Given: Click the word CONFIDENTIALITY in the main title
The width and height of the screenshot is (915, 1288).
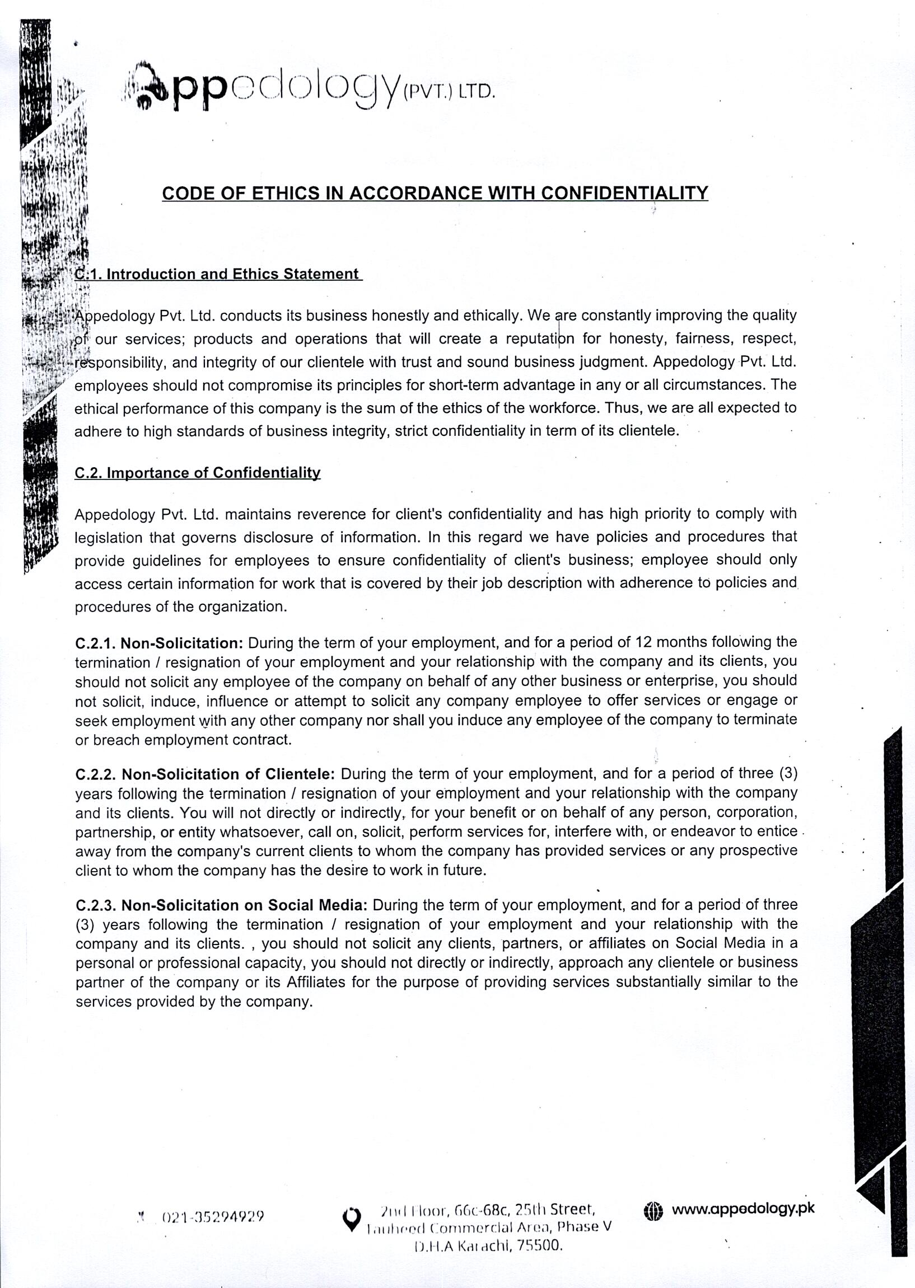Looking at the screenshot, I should (624, 193).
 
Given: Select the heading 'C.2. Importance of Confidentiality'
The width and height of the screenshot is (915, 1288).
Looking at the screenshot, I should (197, 472).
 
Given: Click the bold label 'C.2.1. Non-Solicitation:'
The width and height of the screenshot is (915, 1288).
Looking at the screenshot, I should (159, 643).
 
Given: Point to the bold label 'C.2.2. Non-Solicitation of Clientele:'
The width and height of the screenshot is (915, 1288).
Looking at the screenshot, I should (205, 774).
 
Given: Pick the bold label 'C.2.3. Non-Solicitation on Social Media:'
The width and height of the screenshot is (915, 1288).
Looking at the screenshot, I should (221, 905).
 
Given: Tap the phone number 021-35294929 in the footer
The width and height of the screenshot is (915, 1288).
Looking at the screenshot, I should (212, 1217).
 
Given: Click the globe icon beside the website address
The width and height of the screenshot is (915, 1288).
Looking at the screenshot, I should (653, 1210).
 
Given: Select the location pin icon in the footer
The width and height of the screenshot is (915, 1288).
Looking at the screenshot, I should (352, 1219).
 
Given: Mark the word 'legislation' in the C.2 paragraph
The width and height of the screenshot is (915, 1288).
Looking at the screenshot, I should (108, 538).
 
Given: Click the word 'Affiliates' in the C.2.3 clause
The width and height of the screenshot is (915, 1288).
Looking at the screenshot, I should (315, 983).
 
